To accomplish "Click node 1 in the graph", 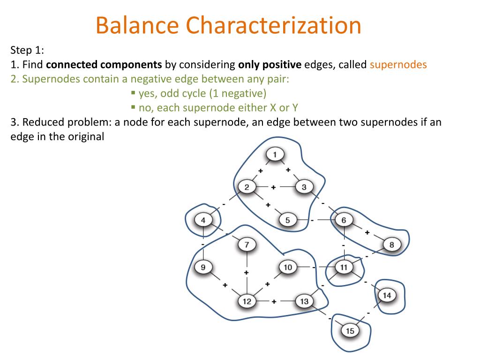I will click(x=275, y=154).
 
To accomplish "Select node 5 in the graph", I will click(x=288, y=219).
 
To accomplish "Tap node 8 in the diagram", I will click(x=392, y=244).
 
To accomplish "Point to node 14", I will click(x=387, y=295).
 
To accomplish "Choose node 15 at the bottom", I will click(x=350, y=331).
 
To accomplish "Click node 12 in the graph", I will click(x=247, y=301).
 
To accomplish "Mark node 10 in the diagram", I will click(x=288, y=267).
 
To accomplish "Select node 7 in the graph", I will click(x=247, y=244).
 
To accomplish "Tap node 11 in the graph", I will click(x=344, y=267).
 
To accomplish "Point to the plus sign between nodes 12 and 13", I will click(x=273, y=301).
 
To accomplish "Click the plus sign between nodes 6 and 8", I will click(x=367, y=232).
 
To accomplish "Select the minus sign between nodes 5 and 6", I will click(x=312, y=219).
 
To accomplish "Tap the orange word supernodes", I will click(x=398, y=65).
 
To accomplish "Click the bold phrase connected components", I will click(x=104, y=65).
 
